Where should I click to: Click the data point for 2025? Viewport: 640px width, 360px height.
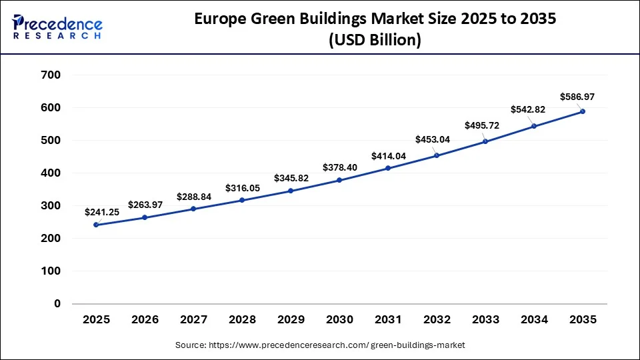pos(96,225)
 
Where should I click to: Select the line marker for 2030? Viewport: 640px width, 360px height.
pos(339,180)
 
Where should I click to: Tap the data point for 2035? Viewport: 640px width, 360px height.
pos(583,111)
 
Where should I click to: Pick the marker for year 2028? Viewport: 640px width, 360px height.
pos(242,200)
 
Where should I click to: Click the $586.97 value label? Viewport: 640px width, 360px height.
pos(577,97)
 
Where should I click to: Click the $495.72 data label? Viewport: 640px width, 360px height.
pos(482,125)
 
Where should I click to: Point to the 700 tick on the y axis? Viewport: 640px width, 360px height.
pos(51,75)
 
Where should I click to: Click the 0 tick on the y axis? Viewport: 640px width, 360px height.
pos(57,304)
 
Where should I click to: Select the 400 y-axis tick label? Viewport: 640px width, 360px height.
pos(51,173)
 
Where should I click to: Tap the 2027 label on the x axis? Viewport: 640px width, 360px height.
pos(193,320)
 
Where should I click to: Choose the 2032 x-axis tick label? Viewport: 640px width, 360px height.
pos(437,320)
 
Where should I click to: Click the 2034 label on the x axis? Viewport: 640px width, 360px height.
pos(534,320)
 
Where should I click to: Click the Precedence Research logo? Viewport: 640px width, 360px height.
pos(57,27)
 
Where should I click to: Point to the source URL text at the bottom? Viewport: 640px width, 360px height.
pos(320,345)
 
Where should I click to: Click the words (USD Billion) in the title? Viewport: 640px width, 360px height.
pos(375,40)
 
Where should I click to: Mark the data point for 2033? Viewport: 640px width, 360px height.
pos(485,141)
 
